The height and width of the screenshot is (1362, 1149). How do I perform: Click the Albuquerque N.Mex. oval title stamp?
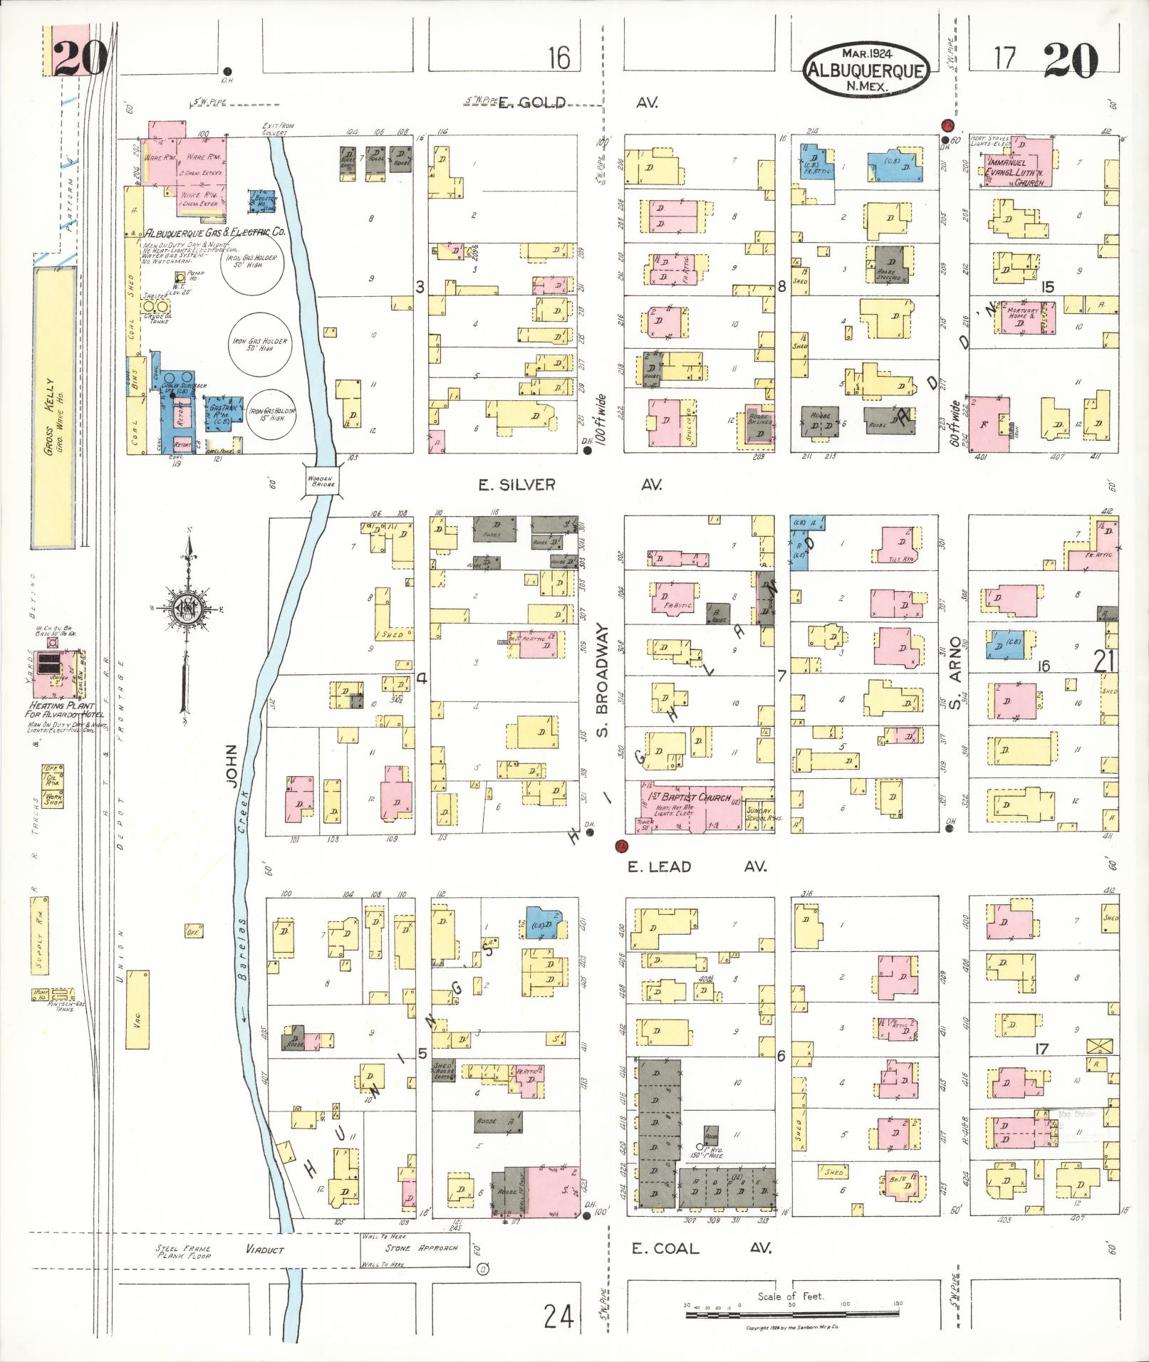(867, 69)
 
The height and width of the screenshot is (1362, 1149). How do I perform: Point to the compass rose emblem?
(188, 607)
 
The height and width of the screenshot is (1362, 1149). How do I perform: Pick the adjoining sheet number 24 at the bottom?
(558, 1316)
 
